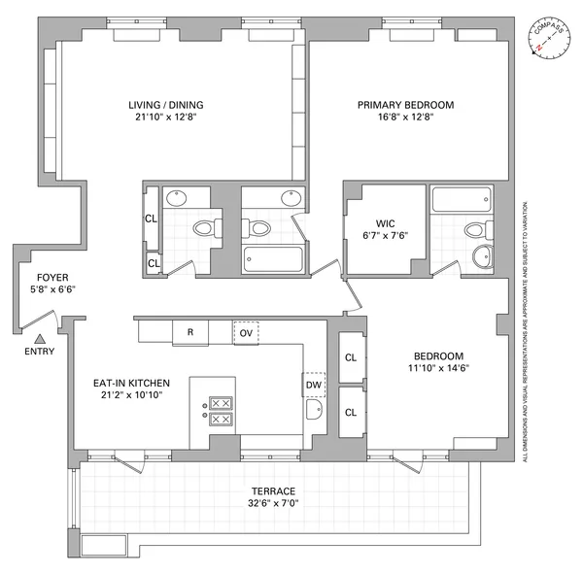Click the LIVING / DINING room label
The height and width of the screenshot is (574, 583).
click(167, 105)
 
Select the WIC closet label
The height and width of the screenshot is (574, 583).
click(386, 221)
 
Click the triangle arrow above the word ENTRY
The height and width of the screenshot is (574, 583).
click(40, 338)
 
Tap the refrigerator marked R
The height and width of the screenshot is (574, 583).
click(190, 332)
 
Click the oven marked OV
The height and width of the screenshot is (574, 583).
click(247, 332)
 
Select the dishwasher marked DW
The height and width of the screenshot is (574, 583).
click(314, 385)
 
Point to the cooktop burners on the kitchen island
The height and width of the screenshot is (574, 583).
click(221, 411)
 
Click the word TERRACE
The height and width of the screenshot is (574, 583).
click(272, 490)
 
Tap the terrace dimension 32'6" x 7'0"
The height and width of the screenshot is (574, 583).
click(272, 504)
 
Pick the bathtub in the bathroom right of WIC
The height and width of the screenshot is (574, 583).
click(463, 201)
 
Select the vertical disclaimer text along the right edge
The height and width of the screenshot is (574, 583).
click(526, 330)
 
